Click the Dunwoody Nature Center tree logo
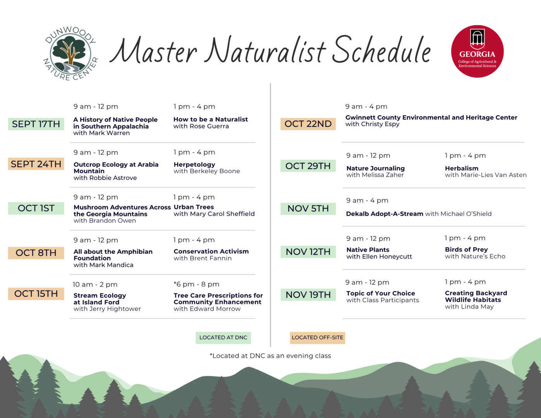(x=70, y=53)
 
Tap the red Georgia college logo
(x=477, y=51)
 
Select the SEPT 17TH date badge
(x=36, y=124)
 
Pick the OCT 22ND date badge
(x=308, y=124)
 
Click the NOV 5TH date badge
(x=308, y=209)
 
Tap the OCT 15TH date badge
(x=36, y=294)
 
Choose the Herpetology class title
(x=194, y=164)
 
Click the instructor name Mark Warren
(x=109, y=133)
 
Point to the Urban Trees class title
(x=194, y=207)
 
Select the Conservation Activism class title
(x=211, y=252)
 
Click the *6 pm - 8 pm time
(x=197, y=284)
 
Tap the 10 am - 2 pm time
(x=95, y=284)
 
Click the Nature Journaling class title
(x=375, y=168)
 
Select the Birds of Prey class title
(x=466, y=250)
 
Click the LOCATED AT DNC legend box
(x=223, y=338)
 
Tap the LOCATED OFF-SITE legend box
(x=317, y=338)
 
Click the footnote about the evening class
(x=270, y=356)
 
